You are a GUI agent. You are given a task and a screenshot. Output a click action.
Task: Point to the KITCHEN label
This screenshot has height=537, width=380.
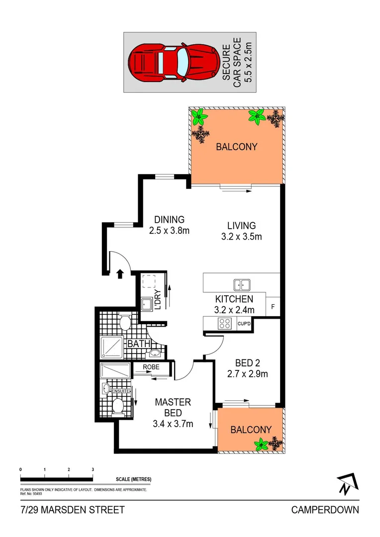pos(234,299)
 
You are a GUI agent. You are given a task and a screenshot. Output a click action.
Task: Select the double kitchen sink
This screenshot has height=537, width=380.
pos(242,284)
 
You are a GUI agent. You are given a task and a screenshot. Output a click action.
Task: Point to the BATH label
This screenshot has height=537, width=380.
pos(136,344)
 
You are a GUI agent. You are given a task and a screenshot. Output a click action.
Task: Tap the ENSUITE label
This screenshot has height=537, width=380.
pos(121,391)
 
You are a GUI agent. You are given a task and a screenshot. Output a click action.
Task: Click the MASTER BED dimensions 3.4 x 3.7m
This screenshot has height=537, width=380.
pos(173,424)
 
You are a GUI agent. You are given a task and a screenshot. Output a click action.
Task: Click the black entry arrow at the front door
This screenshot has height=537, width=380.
pos(120,273)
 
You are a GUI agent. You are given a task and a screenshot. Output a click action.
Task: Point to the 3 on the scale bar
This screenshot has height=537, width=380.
pos(93,469)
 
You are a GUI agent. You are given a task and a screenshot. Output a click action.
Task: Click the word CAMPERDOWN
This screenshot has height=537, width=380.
pos(325,510)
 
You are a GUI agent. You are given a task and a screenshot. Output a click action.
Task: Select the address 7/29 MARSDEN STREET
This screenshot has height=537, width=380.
pos(73,510)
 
